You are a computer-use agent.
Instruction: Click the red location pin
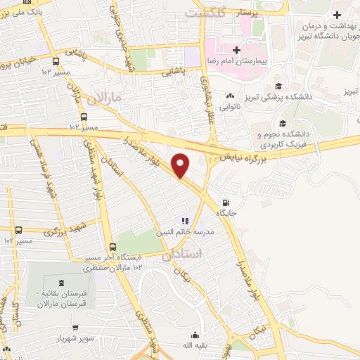[181, 166]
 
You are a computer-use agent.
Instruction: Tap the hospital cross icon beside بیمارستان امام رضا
[237, 50]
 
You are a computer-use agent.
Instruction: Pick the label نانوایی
[230, 108]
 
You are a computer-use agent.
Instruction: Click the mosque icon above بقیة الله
[194, 336]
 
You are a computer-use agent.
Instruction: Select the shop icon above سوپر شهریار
[75, 328]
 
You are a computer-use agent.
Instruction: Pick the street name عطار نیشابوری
[208, 102]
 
